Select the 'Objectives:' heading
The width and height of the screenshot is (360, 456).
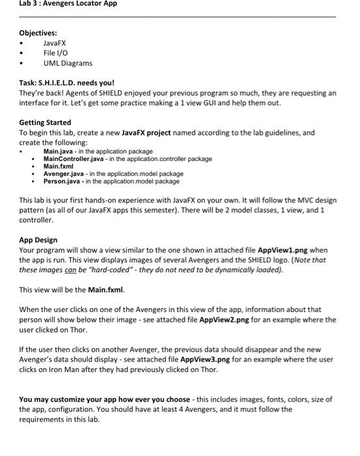38,32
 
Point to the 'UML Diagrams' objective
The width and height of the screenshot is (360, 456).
68,63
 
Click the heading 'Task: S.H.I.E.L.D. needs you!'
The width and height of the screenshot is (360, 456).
66,83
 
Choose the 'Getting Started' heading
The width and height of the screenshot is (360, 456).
45,122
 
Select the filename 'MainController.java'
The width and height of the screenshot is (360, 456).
74,158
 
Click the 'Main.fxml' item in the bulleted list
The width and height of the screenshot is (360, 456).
58,166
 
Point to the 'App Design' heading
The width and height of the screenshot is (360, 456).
38,240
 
